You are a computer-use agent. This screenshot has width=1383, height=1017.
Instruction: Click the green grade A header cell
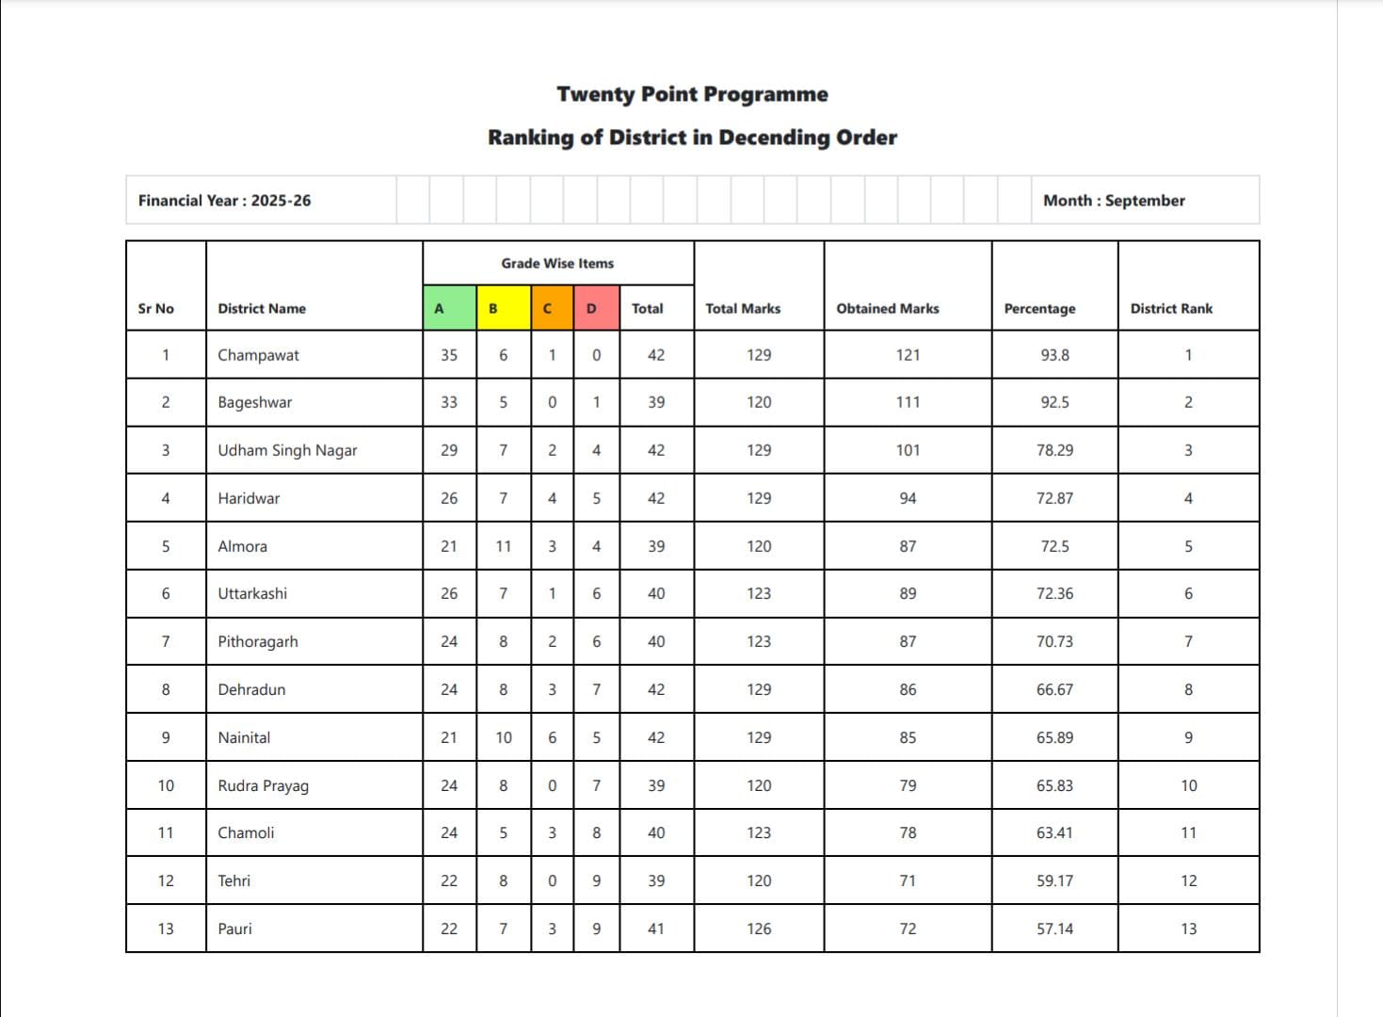(449, 308)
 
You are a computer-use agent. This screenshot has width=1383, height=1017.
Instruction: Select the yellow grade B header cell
(503, 308)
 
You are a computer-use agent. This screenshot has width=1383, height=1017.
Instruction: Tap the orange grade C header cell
(552, 308)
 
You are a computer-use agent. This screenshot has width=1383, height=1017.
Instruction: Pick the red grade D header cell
(596, 308)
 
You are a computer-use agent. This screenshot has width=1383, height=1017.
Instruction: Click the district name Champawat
(258, 355)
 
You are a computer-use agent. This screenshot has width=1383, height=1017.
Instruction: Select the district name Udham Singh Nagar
(287, 450)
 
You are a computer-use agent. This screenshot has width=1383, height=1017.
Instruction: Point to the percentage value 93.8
(1054, 355)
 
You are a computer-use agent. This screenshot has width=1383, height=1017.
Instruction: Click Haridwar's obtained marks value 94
(908, 498)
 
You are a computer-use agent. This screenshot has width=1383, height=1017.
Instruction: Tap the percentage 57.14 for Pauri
(1054, 928)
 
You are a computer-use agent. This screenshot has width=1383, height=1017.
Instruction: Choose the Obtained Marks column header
(887, 308)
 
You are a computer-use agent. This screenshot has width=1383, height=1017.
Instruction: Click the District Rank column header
(1171, 308)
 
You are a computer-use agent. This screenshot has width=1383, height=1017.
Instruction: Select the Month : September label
(1114, 201)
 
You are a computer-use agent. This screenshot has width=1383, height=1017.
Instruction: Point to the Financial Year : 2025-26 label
(224, 201)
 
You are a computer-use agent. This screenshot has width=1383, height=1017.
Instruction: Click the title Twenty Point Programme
(692, 94)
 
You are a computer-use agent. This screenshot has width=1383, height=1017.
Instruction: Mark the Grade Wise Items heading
(557, 264)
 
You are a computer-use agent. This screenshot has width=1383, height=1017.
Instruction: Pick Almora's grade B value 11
(504, 546)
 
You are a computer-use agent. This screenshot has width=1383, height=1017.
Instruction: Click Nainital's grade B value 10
(504, 737)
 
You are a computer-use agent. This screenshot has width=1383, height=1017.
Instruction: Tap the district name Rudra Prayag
(263, 785)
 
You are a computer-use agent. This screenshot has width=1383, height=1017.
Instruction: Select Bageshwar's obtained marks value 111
(908, 402)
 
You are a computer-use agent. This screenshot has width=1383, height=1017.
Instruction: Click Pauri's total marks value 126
(759, 928)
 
